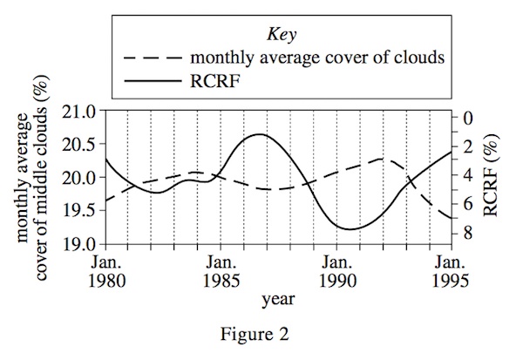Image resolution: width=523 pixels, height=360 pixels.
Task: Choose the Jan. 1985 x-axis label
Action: click(x=221, y=270)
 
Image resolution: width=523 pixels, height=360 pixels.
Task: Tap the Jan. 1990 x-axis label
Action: click(x=337, y=270)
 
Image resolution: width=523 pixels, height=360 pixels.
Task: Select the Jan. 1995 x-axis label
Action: click(x=450, y=270)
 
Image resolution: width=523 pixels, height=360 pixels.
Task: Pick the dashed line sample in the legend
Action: click(x=154, y=58)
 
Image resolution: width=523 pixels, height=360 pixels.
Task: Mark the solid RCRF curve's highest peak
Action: click(x=259, y=134)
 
